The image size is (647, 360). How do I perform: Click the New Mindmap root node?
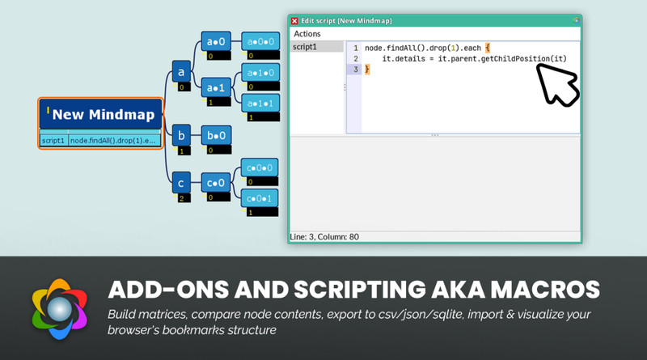100,114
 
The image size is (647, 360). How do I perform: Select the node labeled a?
181,72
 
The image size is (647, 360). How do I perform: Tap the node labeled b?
181,135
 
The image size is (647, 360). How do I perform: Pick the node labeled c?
181,183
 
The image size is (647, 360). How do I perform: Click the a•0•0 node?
260,41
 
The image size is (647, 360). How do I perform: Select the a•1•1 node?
260,104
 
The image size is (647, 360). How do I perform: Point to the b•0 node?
216,135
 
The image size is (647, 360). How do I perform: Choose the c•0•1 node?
259,198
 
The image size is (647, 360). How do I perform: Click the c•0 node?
216,183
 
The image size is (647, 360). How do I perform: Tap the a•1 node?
216,87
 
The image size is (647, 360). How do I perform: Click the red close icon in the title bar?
294,21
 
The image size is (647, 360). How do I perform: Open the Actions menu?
307,34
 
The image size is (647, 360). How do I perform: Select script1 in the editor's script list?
305,47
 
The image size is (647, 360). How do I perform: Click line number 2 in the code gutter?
356,58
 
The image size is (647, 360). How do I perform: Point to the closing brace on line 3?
367,70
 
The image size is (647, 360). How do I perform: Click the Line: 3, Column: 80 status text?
324,237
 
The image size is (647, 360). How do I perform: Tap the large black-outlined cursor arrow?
558,85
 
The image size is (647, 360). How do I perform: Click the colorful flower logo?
60,309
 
